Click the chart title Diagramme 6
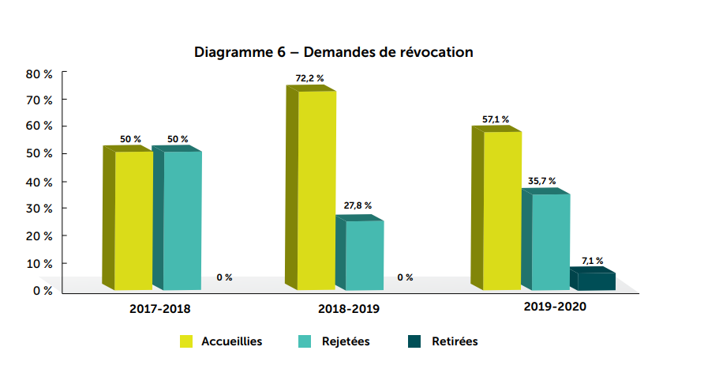(333, 53)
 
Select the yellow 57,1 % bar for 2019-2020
(502, 209)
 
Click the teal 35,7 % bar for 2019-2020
(550, 241)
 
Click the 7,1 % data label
(593, 260)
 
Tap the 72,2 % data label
(309, 78)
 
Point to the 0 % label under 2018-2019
(405, 277)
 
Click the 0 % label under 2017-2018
(224, 277)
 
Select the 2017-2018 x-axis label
(160, 309)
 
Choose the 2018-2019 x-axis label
(349, 309)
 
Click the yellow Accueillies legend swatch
(187, 341)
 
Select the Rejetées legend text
(346, 341)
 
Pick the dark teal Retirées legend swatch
(414, 341)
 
